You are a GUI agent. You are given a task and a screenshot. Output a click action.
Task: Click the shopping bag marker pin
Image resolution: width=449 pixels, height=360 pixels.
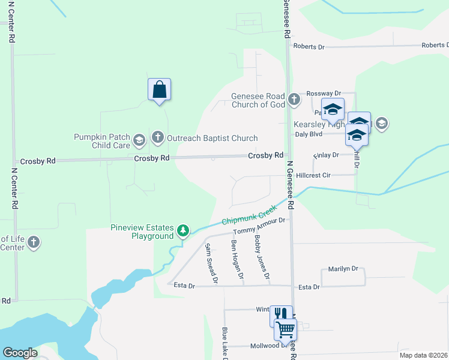(x=159, y=90)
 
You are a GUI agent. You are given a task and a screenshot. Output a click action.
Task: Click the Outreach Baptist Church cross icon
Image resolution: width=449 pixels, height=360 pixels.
(x=158, y=138)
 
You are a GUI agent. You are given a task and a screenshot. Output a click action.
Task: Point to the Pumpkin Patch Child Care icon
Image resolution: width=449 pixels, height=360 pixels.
(x=139, y=141)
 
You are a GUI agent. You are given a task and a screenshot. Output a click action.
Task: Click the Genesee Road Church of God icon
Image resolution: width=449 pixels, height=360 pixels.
(x=294, y=100)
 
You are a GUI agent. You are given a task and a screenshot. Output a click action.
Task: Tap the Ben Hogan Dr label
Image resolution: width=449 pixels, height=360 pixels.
(x=237, y=260)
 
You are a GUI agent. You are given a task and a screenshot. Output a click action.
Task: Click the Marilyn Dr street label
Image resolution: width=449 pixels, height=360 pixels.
(x=343, y=269)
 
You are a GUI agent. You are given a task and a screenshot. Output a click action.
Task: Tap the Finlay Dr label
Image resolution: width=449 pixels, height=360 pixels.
(x=327, y=155)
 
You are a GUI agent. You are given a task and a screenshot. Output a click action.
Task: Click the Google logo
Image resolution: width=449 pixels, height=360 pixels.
(x=20, y=353)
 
